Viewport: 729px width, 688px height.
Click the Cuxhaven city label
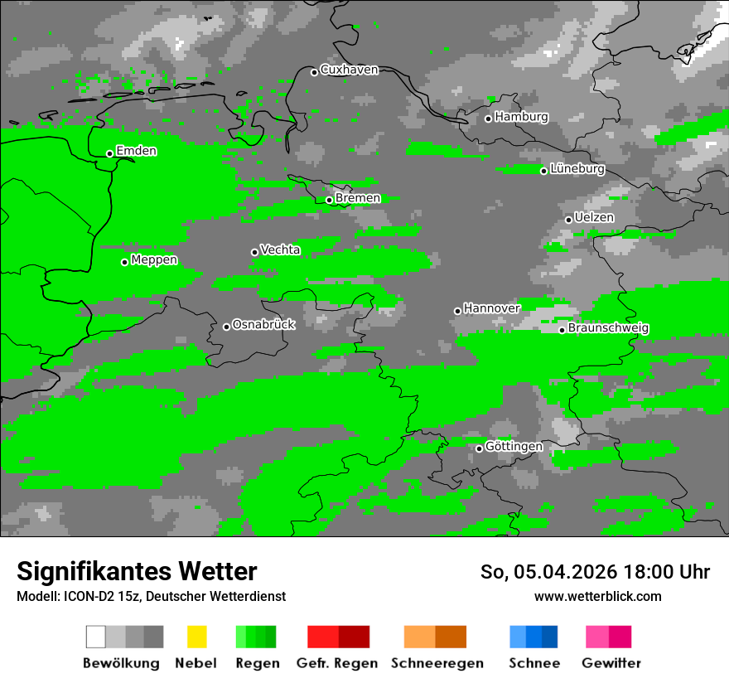pyautogui.click(x=349, y=70)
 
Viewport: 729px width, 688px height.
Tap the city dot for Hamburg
pyautogui.click(x=489, y=119)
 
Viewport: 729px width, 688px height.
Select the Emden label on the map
pyautogui.click(x=136, y=151)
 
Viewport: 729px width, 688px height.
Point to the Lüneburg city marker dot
pyautogui.click(x=543, y=171)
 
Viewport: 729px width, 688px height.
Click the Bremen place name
pyautogui.click(x=358, y=198)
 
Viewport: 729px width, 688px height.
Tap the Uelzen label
pyautogui.click(x=594, y=217)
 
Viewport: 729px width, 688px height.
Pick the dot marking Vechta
pyautogui.click(x=254, y=252)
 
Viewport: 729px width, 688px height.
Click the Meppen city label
pyautogui.click(x=154, y=260)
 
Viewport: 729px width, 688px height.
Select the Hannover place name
pyautogui.click(x=492, y=308)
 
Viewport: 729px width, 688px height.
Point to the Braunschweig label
pyautogui.click(x=608, y=328)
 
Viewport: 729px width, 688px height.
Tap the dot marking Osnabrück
pyautogui.click(x=226, y=327)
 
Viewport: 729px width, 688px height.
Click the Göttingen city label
pyautogui.click(x=514, y=447)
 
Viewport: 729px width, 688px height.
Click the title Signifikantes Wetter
pyautogui.click(x=137, y=572)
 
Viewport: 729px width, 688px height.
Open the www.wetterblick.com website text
pyautogui.click(x=597, y=597)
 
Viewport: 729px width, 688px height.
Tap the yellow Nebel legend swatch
pyautogui.click(x=196, y=637)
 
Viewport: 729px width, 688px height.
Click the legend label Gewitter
pyautogui.click(x=611, y=663)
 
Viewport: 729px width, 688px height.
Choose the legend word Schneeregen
pyautogui.click(x=437, y=663)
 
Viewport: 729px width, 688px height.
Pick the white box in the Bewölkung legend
pyautogui.click(x=95, y=637)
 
